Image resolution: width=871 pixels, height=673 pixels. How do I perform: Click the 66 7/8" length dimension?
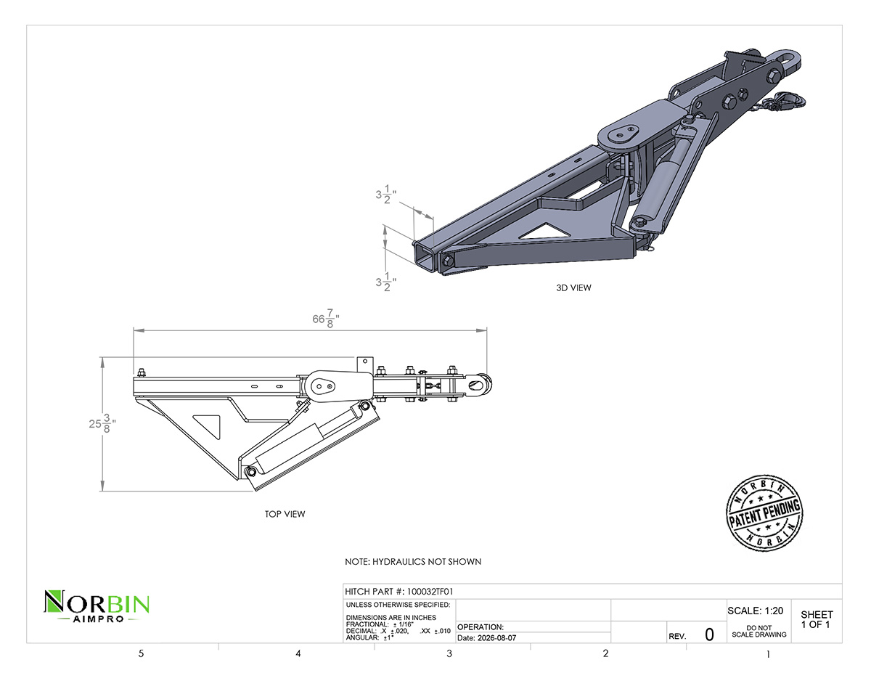326,318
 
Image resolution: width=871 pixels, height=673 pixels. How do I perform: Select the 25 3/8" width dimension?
102,423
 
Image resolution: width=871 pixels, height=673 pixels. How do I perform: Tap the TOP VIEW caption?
285,514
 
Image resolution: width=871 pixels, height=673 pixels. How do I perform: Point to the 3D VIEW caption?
573,287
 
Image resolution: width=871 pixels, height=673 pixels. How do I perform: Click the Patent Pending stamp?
764,513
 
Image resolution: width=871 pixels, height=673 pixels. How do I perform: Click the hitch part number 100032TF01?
430,591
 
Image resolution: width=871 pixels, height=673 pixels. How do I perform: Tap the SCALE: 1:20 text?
755,611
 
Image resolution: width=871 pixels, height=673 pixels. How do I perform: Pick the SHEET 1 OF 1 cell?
817,619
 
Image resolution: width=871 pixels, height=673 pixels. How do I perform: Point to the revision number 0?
709,635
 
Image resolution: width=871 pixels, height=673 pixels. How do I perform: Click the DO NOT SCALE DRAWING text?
759,632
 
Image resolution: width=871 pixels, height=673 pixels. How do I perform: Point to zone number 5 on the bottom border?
141,653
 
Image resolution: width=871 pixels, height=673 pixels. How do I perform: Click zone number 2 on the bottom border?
605,653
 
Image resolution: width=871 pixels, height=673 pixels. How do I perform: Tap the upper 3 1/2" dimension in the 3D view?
385,194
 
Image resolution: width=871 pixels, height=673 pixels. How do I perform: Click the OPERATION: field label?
481,627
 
